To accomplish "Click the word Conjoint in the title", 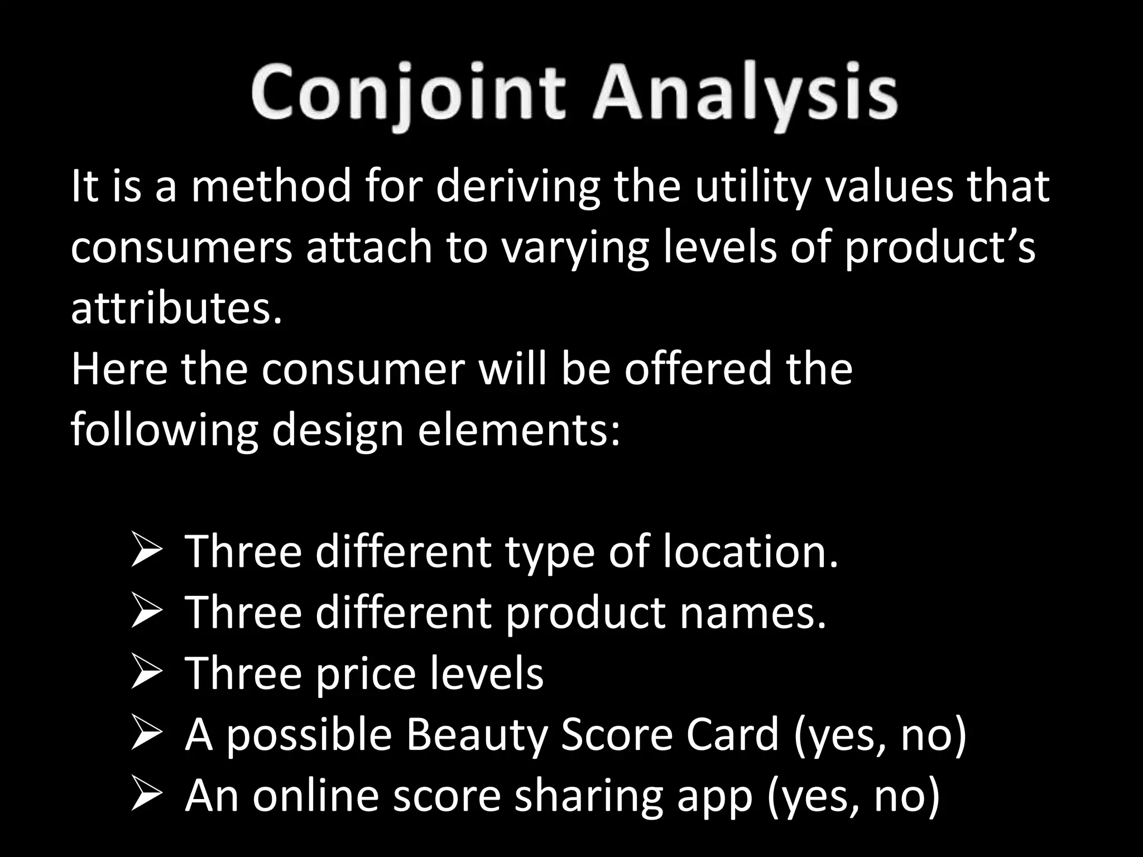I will click(407, 93).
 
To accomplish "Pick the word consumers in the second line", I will click(181, 248).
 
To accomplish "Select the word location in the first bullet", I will click(751, 552).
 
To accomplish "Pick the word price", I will click(366, 673).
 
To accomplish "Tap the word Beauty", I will click(477, 734).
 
